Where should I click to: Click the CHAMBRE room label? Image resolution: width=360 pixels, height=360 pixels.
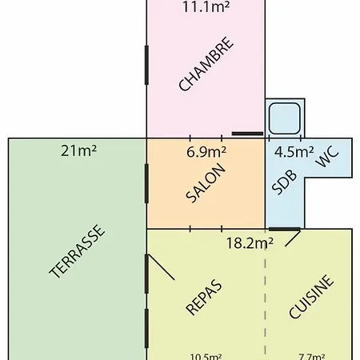click(206, 64)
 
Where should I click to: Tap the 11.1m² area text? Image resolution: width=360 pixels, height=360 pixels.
click(206, 6)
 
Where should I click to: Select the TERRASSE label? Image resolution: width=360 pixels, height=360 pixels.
click(76, 251)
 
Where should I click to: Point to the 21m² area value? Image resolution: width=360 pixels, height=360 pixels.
click(78, 150)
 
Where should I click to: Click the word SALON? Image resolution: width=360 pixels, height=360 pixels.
click(206, 183)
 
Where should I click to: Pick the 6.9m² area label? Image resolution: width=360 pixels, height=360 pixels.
click(206, 152)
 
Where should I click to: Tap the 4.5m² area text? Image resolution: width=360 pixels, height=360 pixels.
click(294, 152)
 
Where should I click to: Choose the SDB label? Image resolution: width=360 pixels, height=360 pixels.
click(284, 182)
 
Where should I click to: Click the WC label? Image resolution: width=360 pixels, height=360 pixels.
click(327, 157)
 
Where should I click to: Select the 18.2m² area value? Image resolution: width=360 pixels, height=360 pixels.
click(250, 243)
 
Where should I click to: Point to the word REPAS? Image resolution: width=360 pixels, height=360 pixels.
click(203, 298)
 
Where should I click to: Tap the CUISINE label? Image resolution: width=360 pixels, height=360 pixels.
click(311, 297)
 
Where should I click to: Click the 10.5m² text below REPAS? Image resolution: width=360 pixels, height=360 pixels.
click(206, 357)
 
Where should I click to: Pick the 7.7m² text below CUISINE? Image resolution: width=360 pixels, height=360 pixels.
click(312, 357)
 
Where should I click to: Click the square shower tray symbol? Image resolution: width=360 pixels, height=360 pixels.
click(285, 118)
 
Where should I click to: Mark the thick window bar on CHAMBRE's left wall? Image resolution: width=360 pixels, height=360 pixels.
click(146, 66)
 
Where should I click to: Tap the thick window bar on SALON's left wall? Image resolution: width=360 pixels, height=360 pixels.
click(146, 184)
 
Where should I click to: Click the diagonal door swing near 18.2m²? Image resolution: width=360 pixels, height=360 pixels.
click(293, 239)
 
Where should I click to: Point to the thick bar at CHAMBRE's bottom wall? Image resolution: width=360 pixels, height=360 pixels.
click(247, 134)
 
